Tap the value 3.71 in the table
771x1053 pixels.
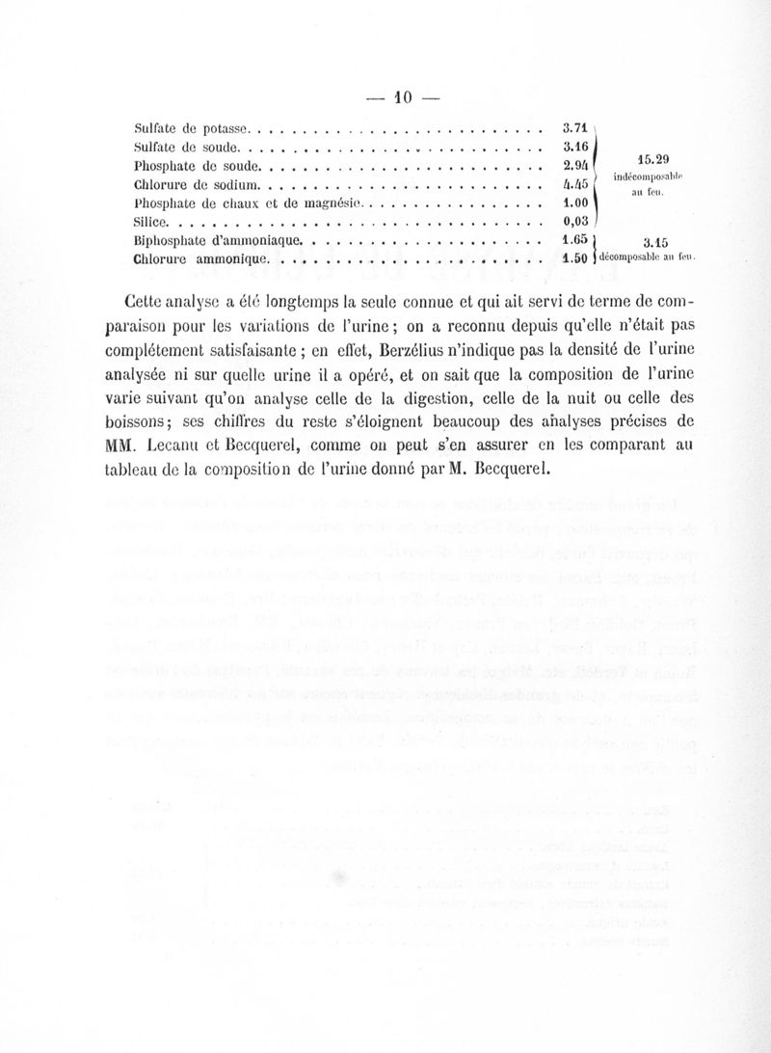click(576, 128)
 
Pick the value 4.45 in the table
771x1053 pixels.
click(576, 185)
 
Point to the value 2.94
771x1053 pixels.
click(576, 166)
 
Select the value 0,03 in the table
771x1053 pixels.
click(576, 223)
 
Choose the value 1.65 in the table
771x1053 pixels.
click(576, 240)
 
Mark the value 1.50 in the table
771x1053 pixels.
click(576, 258)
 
